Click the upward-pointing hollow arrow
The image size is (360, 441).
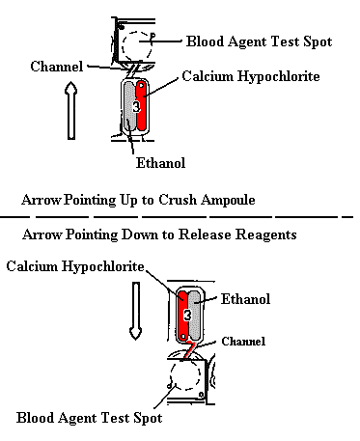click(x=71, y=110)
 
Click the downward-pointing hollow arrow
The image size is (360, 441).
click(x=136, y=311)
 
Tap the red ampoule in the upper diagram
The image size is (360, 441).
click(x=142, y=106)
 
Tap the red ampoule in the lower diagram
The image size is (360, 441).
click(x=183, y=316)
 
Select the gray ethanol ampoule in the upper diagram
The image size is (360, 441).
click(x=129, y=106)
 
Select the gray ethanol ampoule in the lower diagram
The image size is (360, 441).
click(x=195, y=316)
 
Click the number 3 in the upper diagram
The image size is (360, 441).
click(x=136, y=107)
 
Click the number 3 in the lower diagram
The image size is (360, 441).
click(x=187, y=315)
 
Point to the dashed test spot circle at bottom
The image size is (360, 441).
click(x=170, y=374)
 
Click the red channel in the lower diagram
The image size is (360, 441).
click(x=190, y=349)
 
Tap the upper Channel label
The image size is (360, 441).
click(x=57, y=67)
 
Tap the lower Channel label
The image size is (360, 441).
click(x=243, y=342)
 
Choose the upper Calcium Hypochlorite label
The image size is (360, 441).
click(x=251, y=76)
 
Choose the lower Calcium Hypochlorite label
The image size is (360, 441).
click(x=75, y=266)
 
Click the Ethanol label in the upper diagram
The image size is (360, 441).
click(x=160, y=163)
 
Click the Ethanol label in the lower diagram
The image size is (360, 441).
click(x=245, y=299)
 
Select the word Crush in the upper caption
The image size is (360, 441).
click(x=178, y=200)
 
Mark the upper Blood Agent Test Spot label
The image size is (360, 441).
click(x=260, y=41)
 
